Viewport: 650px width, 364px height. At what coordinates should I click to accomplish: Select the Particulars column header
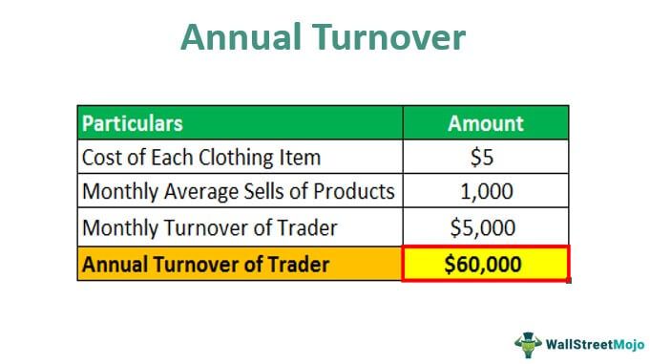tap(133, 123)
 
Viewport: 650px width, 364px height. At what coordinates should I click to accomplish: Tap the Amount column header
tap(485, 123)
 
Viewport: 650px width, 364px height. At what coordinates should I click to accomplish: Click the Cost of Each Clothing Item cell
tap(200, 158)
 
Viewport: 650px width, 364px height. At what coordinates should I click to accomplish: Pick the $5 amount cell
tap(485, 158)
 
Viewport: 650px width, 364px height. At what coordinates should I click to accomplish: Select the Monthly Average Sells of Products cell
tap(239, 192)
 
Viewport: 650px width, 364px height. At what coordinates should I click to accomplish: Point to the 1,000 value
tap(485, 192)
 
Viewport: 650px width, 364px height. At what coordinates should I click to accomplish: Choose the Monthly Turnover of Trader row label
tap(209, 228)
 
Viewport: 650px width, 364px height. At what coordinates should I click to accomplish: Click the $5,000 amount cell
tap(485, 228)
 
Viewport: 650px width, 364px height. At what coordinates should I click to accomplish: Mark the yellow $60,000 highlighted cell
tap(485, 264)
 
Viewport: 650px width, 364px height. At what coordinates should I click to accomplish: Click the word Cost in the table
tap(101, 158)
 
